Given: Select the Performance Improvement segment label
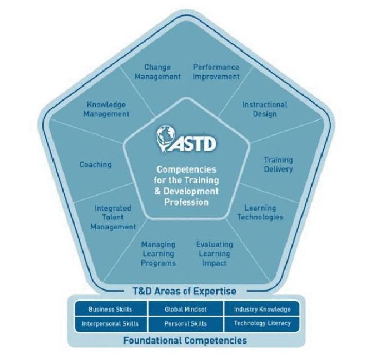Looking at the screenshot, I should pos(217,72).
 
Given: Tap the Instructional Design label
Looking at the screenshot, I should pos(264,109).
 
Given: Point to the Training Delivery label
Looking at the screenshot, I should pos(278,164).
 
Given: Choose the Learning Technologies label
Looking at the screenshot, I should pos(260,213).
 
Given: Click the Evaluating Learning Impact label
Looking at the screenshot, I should pos(215,253).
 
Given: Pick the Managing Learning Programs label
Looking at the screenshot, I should pos(158,253).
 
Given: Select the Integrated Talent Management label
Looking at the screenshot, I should pos(113,217).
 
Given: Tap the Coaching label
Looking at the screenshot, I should pos(95,165).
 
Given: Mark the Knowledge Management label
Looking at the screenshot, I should pos(108,109).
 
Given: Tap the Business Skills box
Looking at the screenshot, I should pos(110,310).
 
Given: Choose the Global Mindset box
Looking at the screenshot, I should pos(186,310).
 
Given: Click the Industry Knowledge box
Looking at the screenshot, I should pos(262,310).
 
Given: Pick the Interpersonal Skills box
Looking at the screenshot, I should pos(110,324).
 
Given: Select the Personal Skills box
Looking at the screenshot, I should pos(186,324).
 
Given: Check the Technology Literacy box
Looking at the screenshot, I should pos(262,324).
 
